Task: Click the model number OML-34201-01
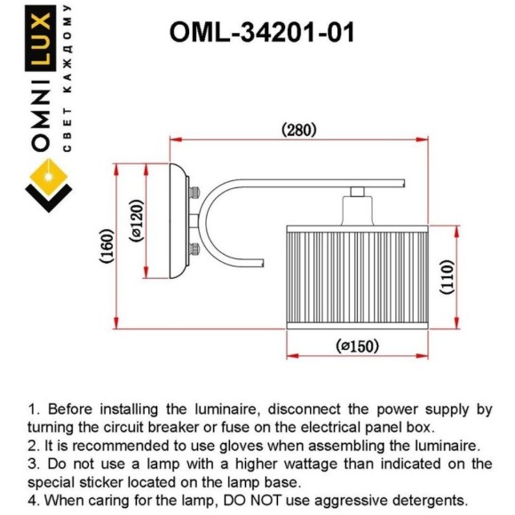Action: pos(262,32)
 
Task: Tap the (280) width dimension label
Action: pos(299,130)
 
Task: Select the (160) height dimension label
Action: pos(107,246)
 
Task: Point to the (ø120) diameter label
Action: pos(137,221)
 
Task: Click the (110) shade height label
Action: pos(447,277)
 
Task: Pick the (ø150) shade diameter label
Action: pos(357,346)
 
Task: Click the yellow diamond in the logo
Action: pos(49,178)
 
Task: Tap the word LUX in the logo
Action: pos(40,38)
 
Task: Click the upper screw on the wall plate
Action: pos(194,192)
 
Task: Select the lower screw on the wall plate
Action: pos(194,249)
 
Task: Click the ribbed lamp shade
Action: pos(357,277)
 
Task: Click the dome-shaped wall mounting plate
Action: pos(179,221)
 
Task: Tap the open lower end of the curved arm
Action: pos(264,263)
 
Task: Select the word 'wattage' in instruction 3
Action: pos(311,464)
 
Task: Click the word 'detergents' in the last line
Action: pos(430,501)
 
